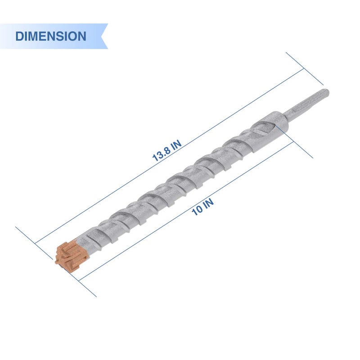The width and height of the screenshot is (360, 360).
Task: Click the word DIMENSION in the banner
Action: coord(50,36)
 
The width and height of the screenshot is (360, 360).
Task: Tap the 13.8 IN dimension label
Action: coord(167,150)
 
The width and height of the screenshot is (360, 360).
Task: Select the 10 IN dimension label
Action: coord(202,207)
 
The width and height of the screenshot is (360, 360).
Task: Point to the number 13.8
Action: coord(161,154)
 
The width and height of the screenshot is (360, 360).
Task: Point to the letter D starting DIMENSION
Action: coord(19,36)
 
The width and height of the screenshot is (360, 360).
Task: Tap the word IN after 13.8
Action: coord(176,145)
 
